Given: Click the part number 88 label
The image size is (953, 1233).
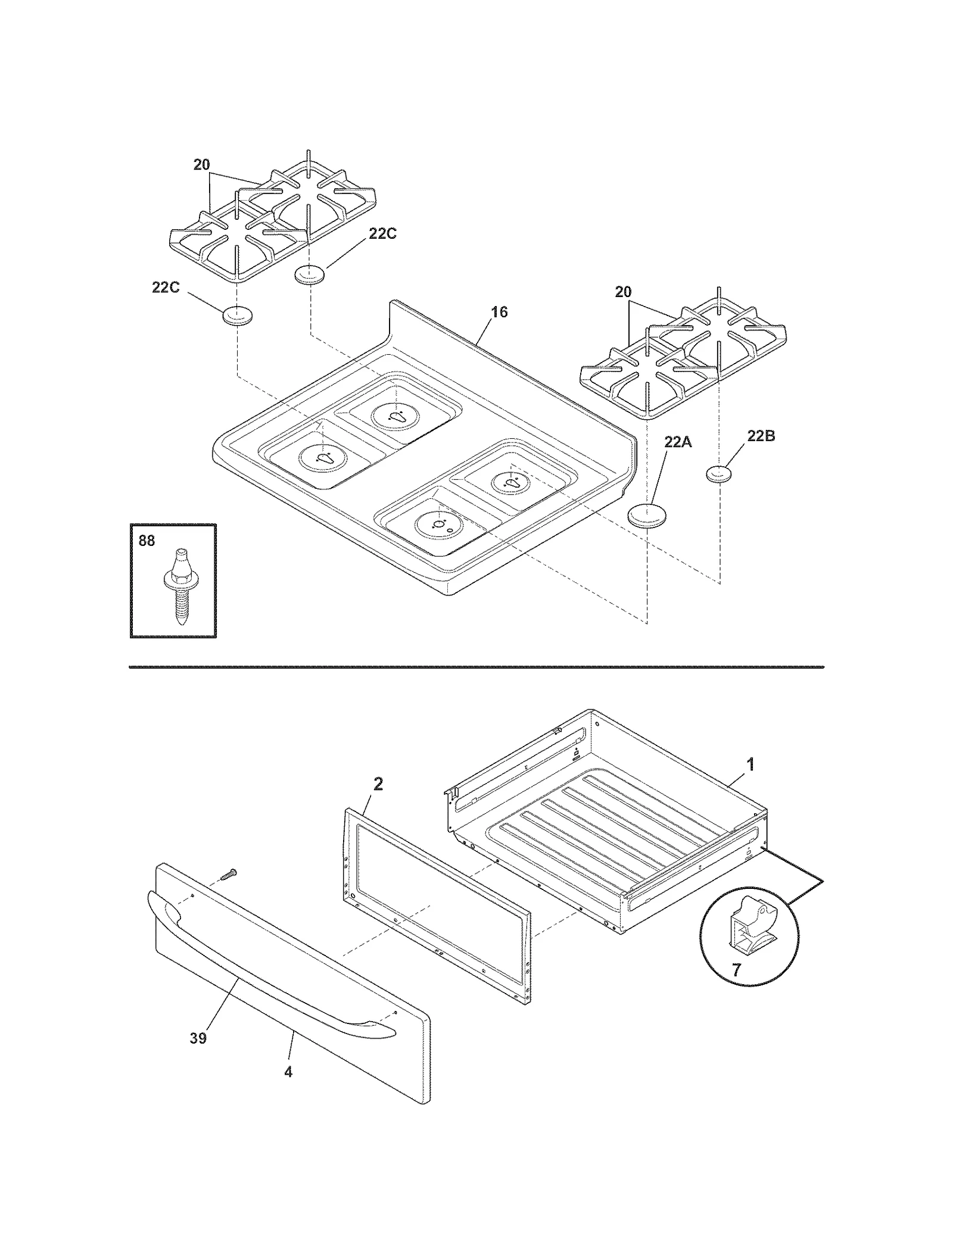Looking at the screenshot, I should click(147, 540).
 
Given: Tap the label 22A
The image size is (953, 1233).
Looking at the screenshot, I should click(678, 442).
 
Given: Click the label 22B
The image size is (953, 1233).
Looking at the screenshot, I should click(761, 436).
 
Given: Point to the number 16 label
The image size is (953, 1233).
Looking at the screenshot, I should click(499, 312).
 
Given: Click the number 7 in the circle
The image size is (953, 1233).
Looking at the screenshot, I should click(736, 970).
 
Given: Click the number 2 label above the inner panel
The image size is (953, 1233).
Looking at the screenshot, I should click(378, 784).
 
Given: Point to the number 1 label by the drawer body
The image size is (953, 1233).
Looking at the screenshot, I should click(750, 764).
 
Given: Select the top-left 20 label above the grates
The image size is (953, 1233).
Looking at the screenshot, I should click(201, 165).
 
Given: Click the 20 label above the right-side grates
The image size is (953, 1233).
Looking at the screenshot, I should click(623, 292).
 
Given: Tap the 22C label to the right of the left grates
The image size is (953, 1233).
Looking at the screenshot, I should click(382, 234).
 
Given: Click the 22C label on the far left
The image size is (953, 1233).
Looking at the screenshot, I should click(166, 287).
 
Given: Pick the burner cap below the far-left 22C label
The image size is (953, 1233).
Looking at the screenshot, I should click(238, 316).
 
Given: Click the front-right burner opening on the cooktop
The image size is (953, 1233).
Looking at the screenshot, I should click(440, 524).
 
